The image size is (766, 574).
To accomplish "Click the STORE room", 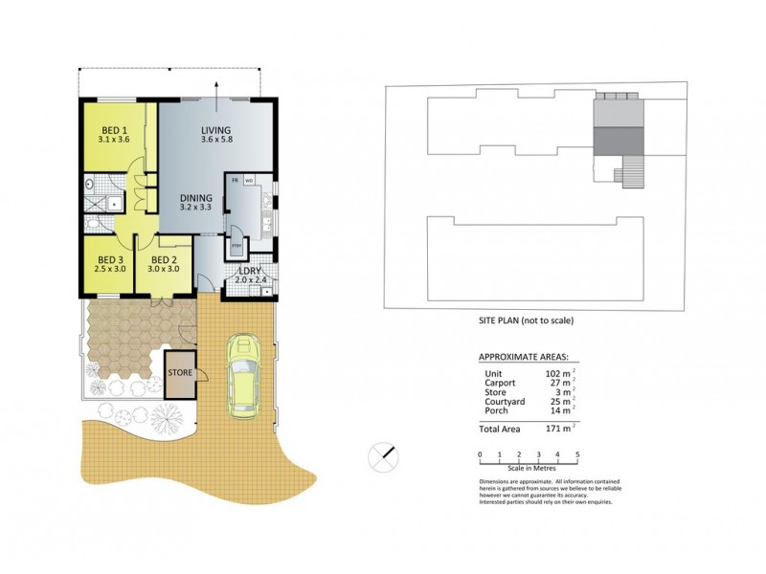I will [x=180, y=372].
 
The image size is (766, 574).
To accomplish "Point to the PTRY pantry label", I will [x=237, y=246].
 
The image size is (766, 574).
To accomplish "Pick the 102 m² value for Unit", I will [x=561, y=372].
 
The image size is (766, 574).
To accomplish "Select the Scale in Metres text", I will [x=529, y=466].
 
